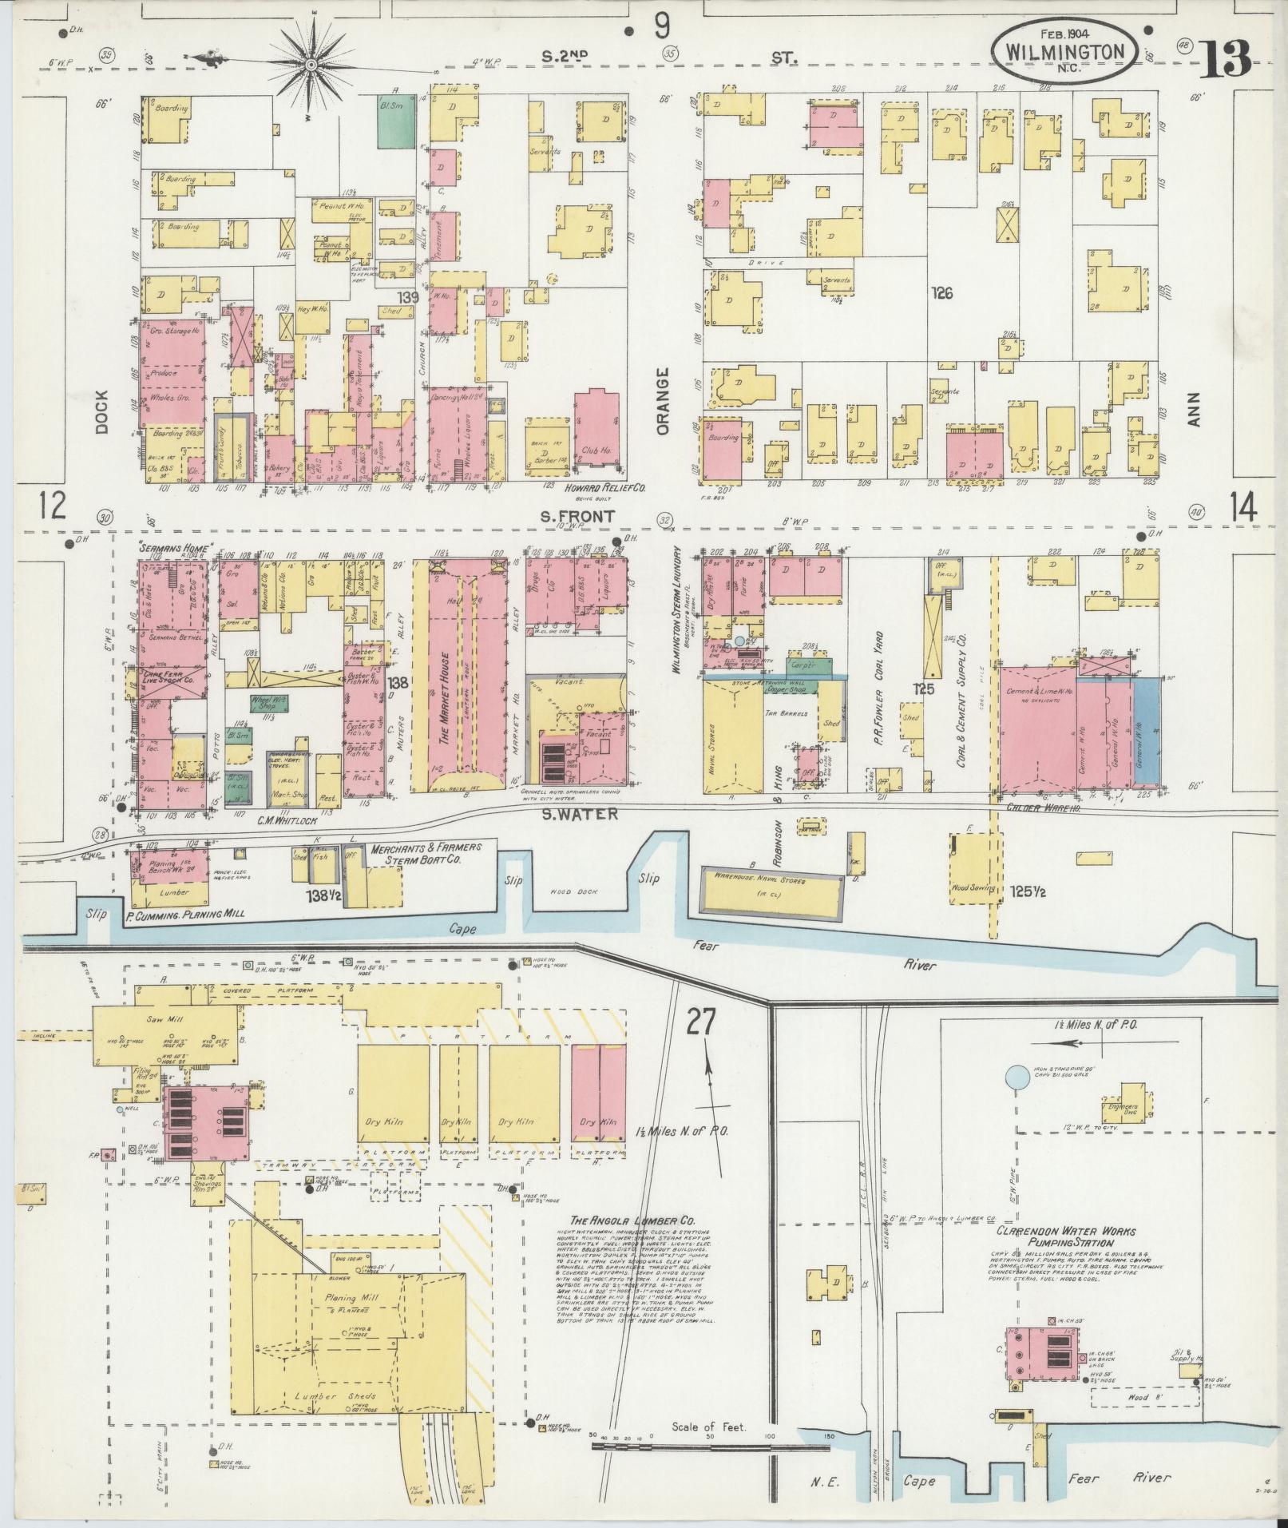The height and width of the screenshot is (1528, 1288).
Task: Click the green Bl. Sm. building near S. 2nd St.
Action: (x=395, y=121)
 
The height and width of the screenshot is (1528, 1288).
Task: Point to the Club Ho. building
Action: (x=595, y=435)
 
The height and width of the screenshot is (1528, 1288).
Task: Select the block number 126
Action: (x=942, y=293)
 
